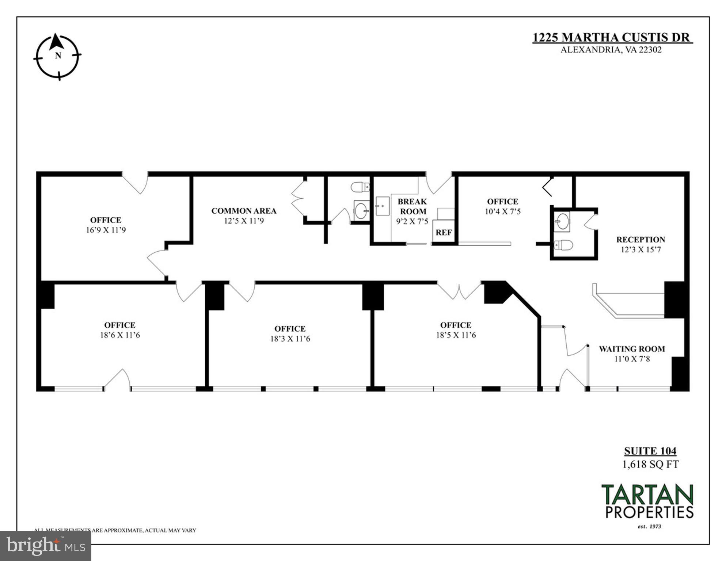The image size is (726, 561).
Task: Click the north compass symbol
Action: (x=57, y=57)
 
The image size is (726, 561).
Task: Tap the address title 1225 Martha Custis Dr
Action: (x=612, y=38)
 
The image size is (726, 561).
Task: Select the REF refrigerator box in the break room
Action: (x=444, y=232)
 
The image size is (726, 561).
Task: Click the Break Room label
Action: (x=413, y=206)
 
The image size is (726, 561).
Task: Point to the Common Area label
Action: (x=244, y=211)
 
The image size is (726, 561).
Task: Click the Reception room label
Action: (x=641, y=240)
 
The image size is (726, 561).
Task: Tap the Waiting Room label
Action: (x=632, y=349)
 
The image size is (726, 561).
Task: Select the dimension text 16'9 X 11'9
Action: (x=106, y=230)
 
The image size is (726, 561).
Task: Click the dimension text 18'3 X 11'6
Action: (x=290, y=339)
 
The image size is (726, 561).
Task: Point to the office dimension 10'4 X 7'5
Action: (x=502, y=211)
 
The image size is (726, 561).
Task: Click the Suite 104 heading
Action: (x=650, y=451)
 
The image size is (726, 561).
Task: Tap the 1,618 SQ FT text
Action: (x=650, y=465)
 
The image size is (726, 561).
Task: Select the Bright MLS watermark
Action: (x=46, y=546)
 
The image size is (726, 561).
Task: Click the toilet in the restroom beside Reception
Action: (x=563, y=245)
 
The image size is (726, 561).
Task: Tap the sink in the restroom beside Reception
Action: (x=562, y=221)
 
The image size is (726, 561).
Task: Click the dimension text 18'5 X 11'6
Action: (x=456, y=335)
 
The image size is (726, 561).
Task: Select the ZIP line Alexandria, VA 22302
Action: (x=611, y=50)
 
